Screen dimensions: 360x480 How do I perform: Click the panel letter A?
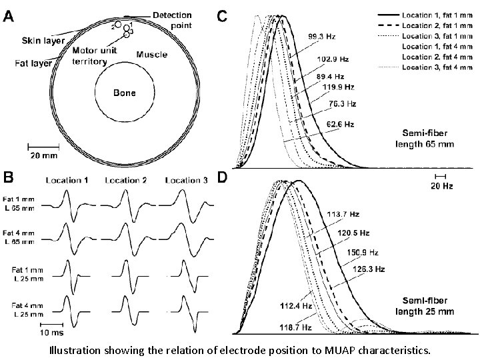click(10, 18)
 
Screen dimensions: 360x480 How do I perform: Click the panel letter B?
click(10, 178)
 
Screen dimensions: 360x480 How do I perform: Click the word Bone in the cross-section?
click(124, 93)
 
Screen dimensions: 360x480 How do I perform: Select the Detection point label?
click(172, 19)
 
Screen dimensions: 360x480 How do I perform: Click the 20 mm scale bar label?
click(40, 157)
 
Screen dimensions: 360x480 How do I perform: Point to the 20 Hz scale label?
click(440, 185)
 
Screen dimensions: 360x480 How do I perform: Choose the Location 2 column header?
click(127, 180)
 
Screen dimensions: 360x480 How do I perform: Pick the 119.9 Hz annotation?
click(337, 87)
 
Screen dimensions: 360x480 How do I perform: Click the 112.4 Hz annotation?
click(291, 307)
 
